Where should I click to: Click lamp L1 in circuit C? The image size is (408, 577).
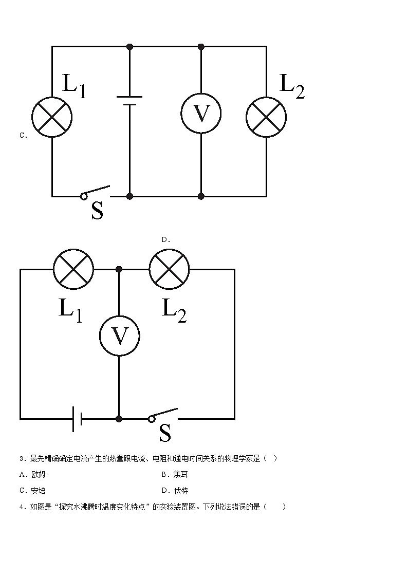[x=52, y=117]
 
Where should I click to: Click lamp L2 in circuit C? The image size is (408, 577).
[x=266, y=117]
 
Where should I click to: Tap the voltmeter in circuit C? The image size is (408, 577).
[x=201, y=114]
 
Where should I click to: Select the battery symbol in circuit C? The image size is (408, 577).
[x=129, y=101]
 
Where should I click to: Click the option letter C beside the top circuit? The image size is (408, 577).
[x=23, y=136]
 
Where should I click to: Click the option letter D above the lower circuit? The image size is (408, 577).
[x=165, y=239]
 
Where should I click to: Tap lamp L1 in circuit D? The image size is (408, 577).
[x=74, y=269]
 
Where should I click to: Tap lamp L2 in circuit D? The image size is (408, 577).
[x=169, y=269]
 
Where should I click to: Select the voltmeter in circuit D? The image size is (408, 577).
[x=119, y=336]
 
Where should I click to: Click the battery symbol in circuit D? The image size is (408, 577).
[x=78, y=419]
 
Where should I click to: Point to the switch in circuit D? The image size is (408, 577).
[x=163, y=415]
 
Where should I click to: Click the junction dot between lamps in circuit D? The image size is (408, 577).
[x=119, y=269]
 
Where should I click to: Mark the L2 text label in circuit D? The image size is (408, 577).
[x=174, y=310]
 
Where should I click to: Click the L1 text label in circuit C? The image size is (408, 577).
[x=74, y=85]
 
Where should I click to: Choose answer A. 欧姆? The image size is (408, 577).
[x=32, y=474]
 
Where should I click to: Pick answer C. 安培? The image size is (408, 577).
[x=32, y=491]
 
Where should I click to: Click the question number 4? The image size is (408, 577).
[x=22, y=507]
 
